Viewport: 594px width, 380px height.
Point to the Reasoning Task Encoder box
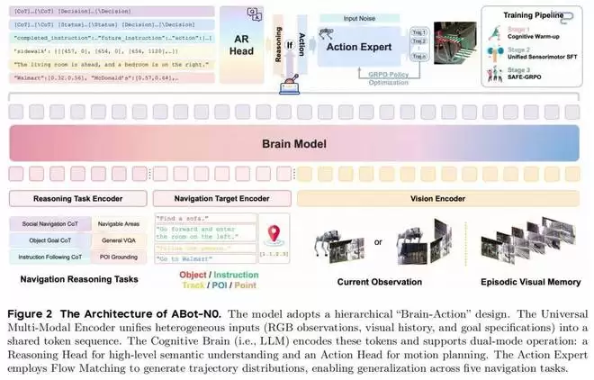point(78,197)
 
